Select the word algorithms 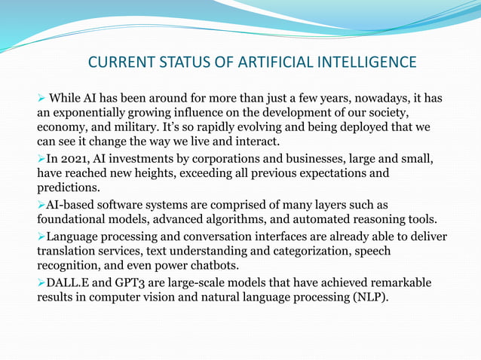point(234,220)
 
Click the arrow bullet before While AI point(42,99)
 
